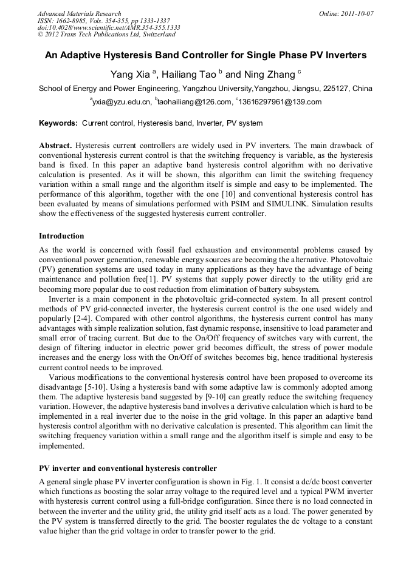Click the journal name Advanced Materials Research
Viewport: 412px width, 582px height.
pyautogui.click(x=80, y=13)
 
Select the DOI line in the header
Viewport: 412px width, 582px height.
pyautogui.click(x=109, y=27)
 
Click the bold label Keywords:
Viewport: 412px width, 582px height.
pyautogui.click(x=58, y=123)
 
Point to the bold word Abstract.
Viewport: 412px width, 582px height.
pyautogui.click(x=55, y=146)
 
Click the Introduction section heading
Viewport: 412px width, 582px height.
pyautogui.click(x=61, y=235)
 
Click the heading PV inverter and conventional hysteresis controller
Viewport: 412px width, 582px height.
pyautogui.click(x=128, y=469)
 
